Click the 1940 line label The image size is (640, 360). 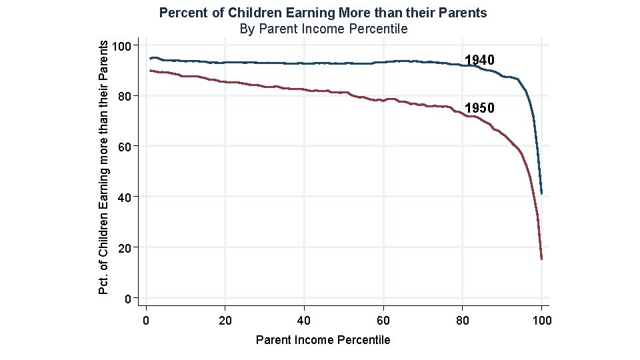tap(479, 61)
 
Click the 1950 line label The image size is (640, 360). tap(479, 108)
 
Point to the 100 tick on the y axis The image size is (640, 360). tap(121, 45)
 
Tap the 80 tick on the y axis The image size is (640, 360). tap(124, 96)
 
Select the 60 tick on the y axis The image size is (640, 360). tap(124, 146)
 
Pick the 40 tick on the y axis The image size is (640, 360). tap(124, 197)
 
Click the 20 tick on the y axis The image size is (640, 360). tap(124, 247)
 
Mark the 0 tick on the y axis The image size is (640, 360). tap(127, 298)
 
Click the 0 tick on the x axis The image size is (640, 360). tap(146, 321)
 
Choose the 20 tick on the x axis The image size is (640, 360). tap(225, 321)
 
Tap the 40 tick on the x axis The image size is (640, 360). tap(304, 321)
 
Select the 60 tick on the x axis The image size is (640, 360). tap(383, 321)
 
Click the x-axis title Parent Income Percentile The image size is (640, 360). tap(323, 340)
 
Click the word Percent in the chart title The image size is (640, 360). tap(181, 13)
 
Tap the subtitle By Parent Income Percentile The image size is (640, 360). tap(323, 29)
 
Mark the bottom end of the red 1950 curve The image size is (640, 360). tap(541, 259)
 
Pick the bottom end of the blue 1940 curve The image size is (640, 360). tap(541, 193)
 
